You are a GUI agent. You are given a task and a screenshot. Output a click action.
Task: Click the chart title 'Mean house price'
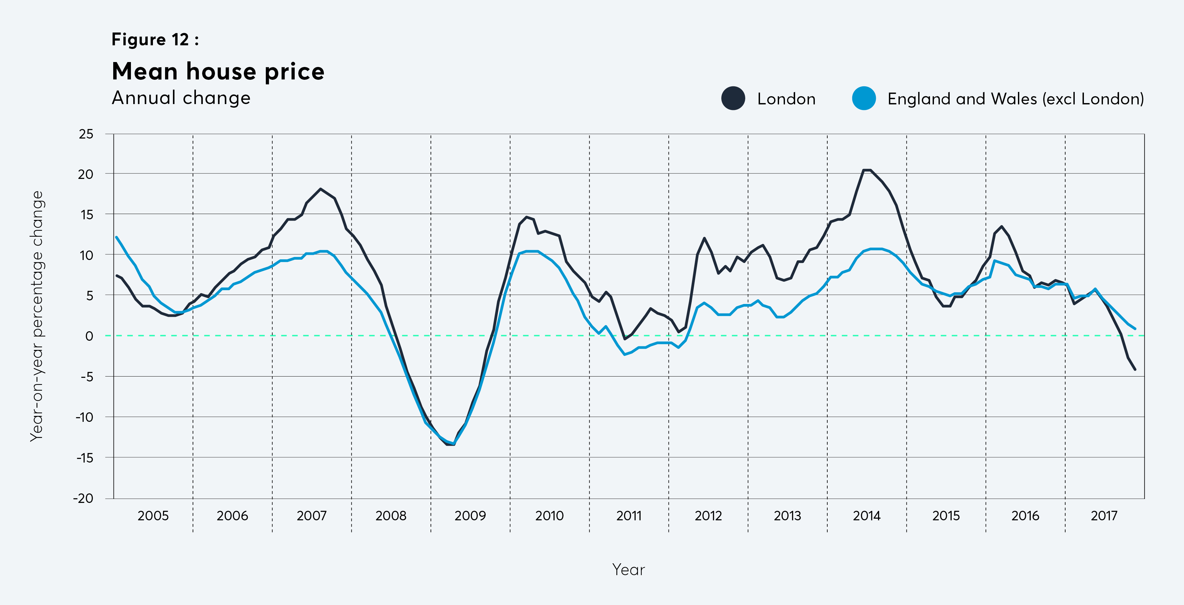coord(218,71)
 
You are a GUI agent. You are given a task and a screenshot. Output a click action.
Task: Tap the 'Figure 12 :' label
coord(155,39)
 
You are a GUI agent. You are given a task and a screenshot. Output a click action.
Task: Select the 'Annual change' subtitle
coord(181,98)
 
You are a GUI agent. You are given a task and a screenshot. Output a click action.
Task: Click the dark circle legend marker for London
coord(733,98)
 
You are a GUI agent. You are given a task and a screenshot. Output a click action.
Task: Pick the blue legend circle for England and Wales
coord(864,98)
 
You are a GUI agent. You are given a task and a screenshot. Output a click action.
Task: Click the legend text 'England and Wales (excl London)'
coord(1015,99)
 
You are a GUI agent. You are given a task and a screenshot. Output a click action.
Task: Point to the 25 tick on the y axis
coord(86,134)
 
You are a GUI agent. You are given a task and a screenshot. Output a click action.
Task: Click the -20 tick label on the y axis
coord(83,498)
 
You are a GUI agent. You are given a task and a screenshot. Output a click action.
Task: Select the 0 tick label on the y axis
coord(89,336)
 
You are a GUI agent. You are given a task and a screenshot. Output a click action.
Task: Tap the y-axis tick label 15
coord(86,215)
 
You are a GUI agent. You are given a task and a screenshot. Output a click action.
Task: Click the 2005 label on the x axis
coord(153,516)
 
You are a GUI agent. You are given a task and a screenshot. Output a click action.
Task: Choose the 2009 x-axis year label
coord(470,516)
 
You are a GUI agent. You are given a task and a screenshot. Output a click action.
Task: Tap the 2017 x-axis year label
coord(1104,516)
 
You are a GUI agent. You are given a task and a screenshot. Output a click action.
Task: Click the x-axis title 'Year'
coord(628,570)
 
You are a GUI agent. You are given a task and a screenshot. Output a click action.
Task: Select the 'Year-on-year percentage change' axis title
coord(36,316)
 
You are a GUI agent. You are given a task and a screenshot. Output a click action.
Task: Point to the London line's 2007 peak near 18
coord(320,189)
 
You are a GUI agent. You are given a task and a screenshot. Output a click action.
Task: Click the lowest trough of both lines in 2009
coord(451,444)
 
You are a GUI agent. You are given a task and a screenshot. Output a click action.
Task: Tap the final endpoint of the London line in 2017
coord(1135,369)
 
